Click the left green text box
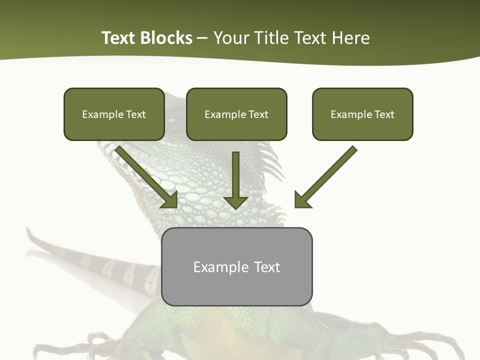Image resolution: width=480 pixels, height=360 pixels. click(x=114, y=114)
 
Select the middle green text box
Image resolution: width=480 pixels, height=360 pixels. click(x=236, y=114)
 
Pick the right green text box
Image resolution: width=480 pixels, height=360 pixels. click(x=362, y=114)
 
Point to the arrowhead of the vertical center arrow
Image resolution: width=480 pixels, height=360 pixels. click(x=235, y=202)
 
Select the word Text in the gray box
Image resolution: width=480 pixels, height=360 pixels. click(x=267, y=267)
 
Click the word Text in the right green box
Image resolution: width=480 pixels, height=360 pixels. click(x=384, y=114)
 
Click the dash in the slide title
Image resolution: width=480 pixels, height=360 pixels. click(x=202, y=38)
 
